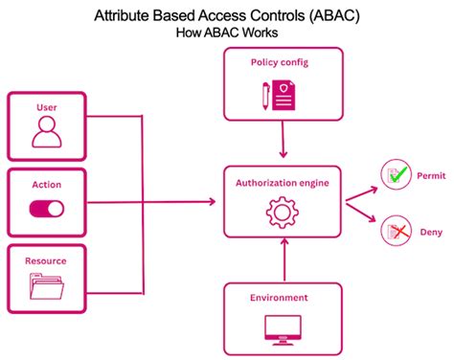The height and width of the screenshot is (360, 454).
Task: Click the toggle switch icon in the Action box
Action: (x=46, y=208)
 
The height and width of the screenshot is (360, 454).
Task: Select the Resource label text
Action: (x=46, y=259)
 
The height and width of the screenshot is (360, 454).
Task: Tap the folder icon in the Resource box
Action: (x=46, y=286)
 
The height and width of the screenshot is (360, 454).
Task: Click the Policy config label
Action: (x=280, y=62)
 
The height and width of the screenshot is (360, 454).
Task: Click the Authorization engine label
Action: (x=281, y=181)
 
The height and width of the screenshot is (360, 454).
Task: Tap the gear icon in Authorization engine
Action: (x=281, y=211)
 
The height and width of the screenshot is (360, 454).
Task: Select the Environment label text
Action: (x=281, y=297)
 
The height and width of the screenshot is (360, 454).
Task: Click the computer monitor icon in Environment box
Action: (x=281, y=328)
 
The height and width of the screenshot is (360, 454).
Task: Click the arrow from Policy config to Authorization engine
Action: (x=282, y=144)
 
